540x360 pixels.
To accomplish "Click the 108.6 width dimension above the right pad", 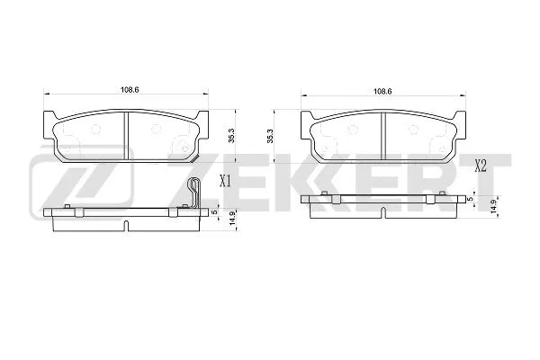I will pyautogui.click(x=382, y=90).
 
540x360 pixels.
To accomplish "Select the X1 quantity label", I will pyautogui.click(x=226, y=180).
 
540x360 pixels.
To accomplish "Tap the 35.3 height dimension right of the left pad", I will pyautogui.click(x=231, y=136).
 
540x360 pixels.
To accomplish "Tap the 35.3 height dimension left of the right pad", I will pyautogui.click(x=272, y=136).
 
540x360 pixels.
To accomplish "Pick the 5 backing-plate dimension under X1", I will pyautogui.click(x=215, y=212).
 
